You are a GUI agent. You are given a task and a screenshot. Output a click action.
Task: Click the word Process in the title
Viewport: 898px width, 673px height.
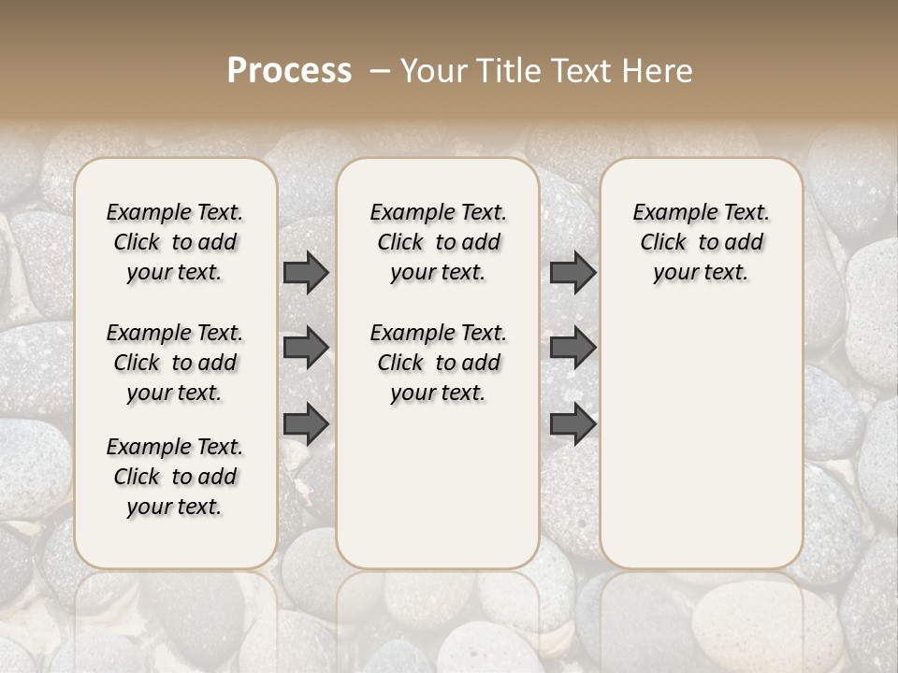tap(289, 71)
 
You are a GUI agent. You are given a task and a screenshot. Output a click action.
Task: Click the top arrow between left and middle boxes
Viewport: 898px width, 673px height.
tap(306, 272)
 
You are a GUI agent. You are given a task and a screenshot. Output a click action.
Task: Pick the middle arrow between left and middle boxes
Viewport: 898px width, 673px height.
tap(306, 348)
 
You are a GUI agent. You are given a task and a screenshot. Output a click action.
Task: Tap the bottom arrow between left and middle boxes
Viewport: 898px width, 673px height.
tap(306, 423)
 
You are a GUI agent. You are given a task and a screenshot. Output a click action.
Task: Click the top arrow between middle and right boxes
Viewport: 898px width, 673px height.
tap(572, 272)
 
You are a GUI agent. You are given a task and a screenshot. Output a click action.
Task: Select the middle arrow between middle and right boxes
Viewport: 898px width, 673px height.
tap(572, 348)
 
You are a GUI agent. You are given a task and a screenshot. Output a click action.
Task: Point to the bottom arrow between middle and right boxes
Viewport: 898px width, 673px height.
tap(572, 423)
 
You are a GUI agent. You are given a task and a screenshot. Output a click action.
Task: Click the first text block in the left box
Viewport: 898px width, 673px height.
tap(175, 242)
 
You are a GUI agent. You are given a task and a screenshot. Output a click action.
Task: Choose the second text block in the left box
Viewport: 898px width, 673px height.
tap(175, 363)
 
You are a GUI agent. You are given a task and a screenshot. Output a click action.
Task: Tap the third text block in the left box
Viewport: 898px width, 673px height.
tap(175, 477)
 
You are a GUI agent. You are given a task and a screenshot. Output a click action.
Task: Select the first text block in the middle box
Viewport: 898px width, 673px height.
tap(438, 242)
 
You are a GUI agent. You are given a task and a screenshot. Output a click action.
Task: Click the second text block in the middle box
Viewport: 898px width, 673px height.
tap(438, 363)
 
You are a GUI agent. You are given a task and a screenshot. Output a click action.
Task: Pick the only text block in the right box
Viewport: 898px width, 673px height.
tap(701, 242)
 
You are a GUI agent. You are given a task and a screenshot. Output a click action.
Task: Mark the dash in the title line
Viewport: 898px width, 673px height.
tap(380, 71)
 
